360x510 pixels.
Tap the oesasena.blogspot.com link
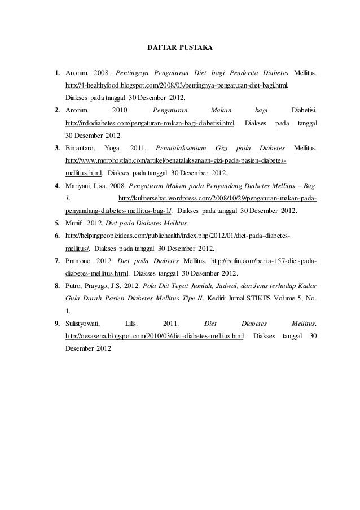(155, 336)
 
